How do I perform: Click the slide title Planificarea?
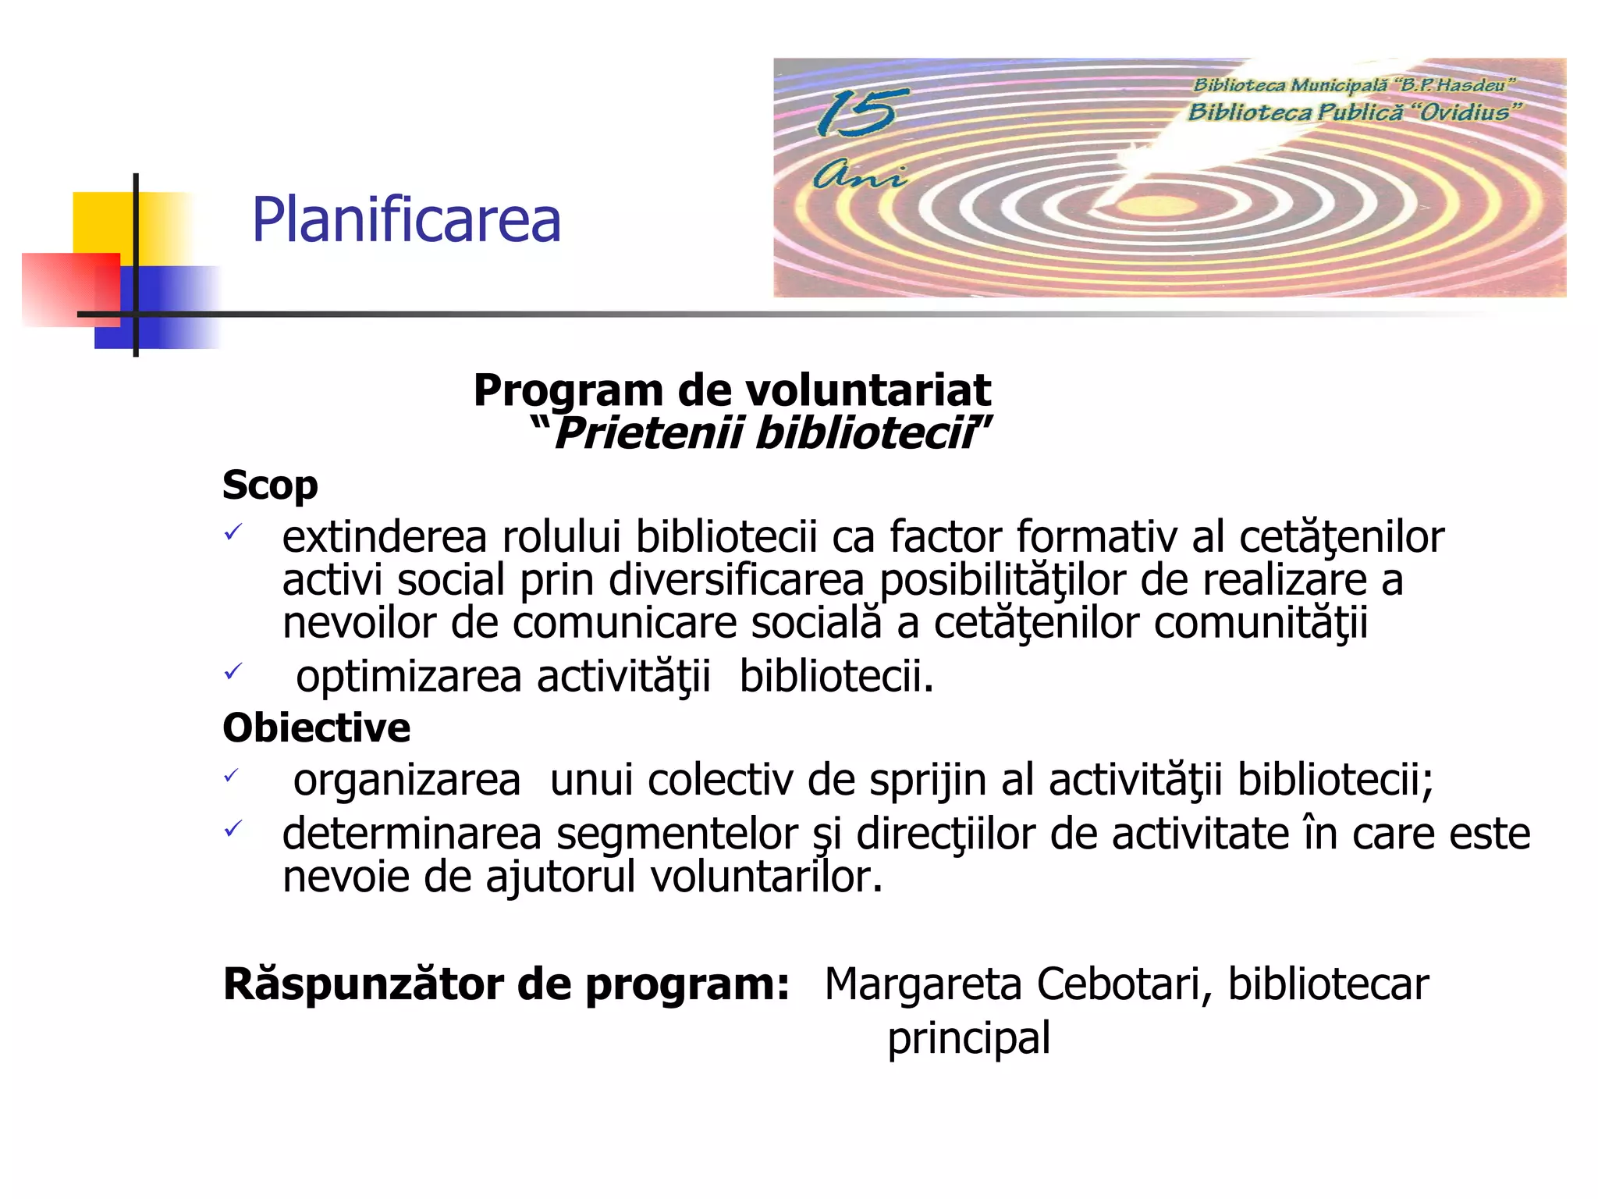(406, 220)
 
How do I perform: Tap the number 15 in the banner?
(856, 112)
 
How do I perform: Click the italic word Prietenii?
(648, 433)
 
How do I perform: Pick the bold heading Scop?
(270, 486)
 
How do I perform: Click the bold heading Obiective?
(316, 728)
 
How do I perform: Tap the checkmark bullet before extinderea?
(233, 533)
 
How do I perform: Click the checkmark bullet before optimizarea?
(233, 671)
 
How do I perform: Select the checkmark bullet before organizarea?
(232, 776)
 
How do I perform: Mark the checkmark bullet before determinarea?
(233, 829)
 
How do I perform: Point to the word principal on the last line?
(968, 1039)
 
